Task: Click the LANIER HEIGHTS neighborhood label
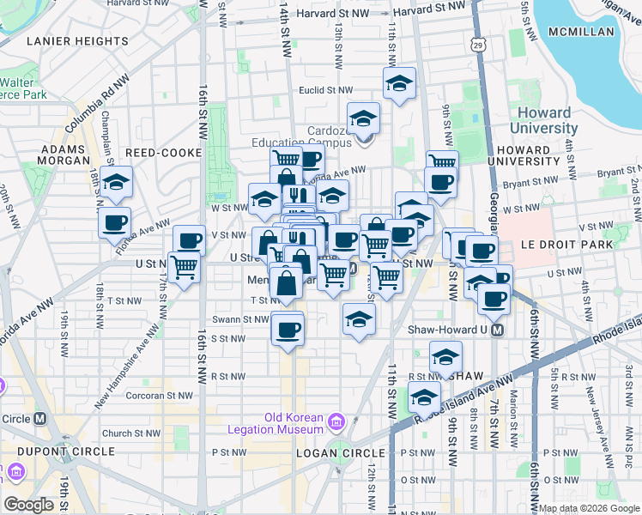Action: [77, 40]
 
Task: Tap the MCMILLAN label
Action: [583, 32]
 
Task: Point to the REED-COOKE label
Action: [163, 152]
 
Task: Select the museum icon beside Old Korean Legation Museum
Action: [336, 421]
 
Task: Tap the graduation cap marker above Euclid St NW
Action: [399, 84]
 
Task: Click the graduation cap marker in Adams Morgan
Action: [116, 182]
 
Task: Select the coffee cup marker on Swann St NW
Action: [288, 328]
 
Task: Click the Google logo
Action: [29, 505]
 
